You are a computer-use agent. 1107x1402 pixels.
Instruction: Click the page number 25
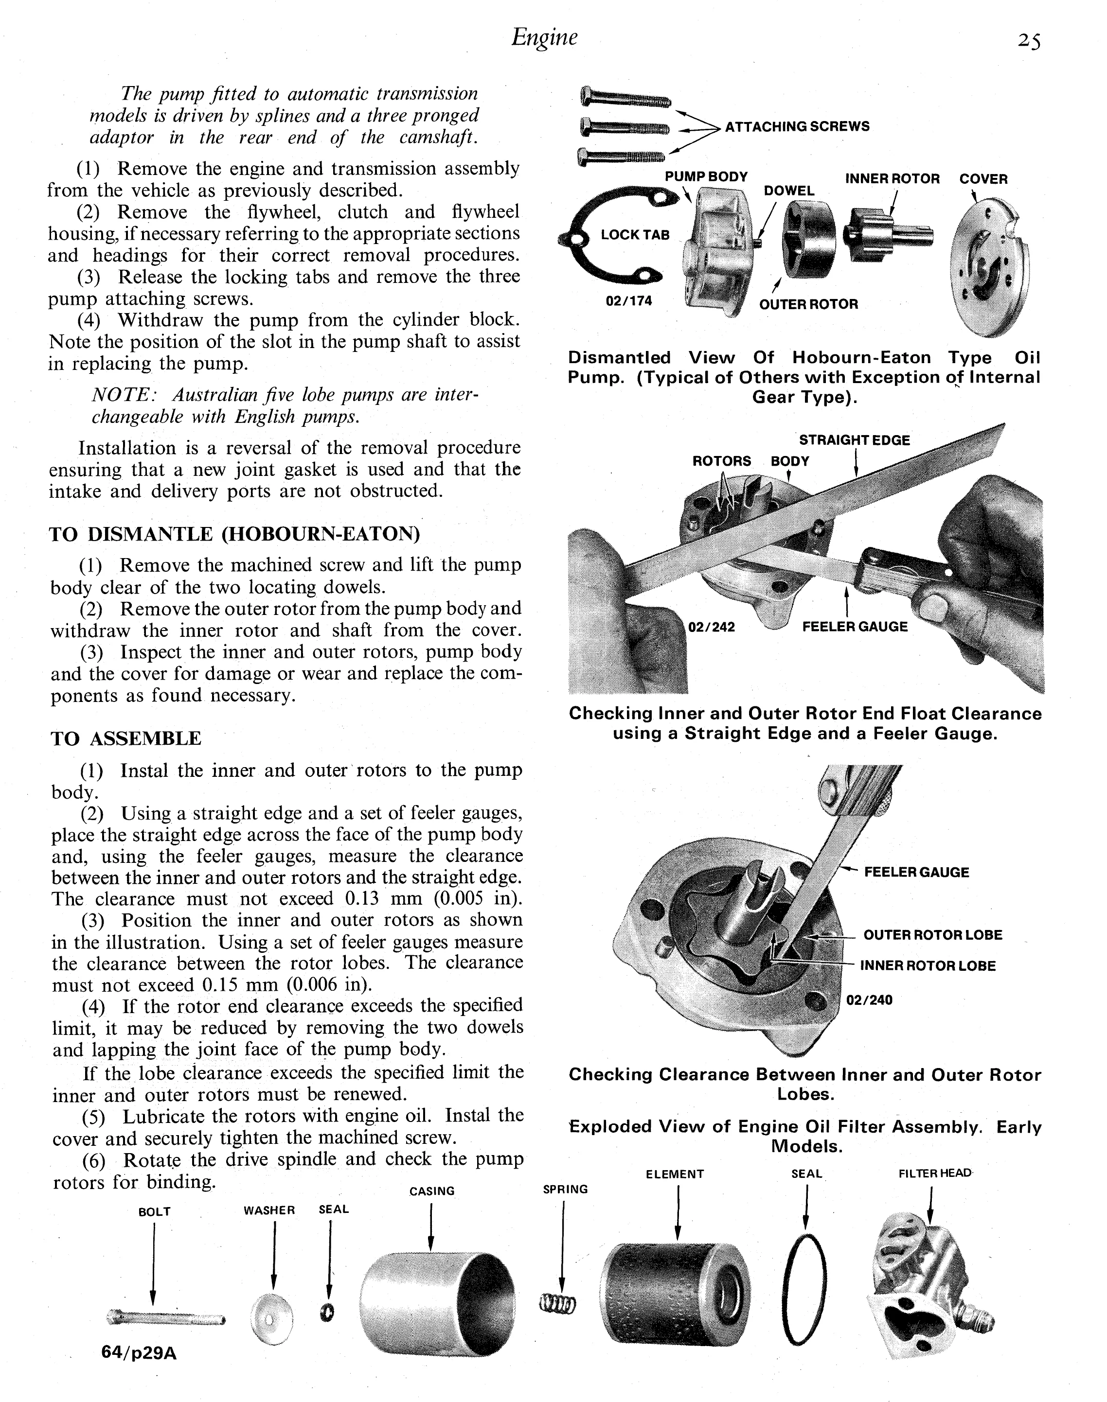pyautogui.click(x=1029, y=41)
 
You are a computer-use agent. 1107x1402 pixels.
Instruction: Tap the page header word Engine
pyautogui.click(x=544, y=37)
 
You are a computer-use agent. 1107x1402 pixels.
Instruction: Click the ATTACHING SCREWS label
pyautogui.click(x=797, y=126)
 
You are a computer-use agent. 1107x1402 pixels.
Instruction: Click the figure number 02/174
pyautogui.click(x=629, y=300)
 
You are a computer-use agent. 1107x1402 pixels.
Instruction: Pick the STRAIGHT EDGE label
pyautogui.click(x=854, y=440)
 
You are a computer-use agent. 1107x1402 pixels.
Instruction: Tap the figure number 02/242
pyautogui.click(x=712, y=627)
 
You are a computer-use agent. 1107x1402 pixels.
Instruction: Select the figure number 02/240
pyautogui.click(x=869, y=999)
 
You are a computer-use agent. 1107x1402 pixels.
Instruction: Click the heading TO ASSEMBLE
pyautogui.click(x=126, y=738)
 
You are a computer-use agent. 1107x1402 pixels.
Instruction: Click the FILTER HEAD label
pyautogui.click(x=935, y=1174)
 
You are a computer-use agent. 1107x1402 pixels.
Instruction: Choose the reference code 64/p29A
pyautogui.click(x=139, y=1353)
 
